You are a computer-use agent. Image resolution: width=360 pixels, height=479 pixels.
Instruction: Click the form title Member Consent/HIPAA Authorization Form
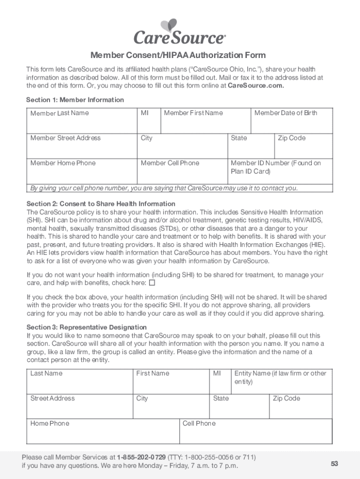click(178, 55)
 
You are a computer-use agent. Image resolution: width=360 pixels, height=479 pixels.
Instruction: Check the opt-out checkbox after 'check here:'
click(152, 283)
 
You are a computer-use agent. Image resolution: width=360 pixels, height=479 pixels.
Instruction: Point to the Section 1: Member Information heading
click(75, 100)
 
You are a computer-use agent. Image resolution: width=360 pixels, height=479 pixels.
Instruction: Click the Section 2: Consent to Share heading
click(101, 203)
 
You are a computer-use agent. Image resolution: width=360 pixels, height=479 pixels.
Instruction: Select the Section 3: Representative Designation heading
click(86, 327)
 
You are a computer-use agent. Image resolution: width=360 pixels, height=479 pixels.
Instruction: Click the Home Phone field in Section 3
click(102, 431)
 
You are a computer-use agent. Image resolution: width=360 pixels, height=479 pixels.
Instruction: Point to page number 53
click(334, 464)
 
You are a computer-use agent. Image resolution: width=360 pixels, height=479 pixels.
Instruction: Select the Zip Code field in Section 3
click(300, 406)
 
